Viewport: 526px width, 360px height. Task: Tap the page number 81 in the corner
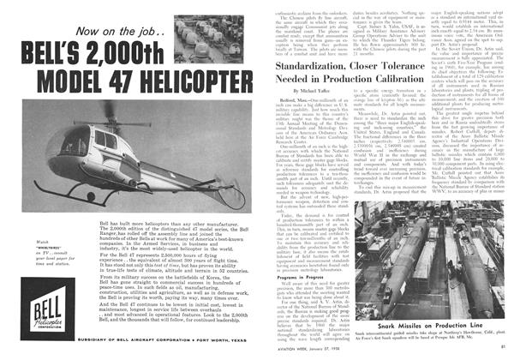(515, 351)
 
